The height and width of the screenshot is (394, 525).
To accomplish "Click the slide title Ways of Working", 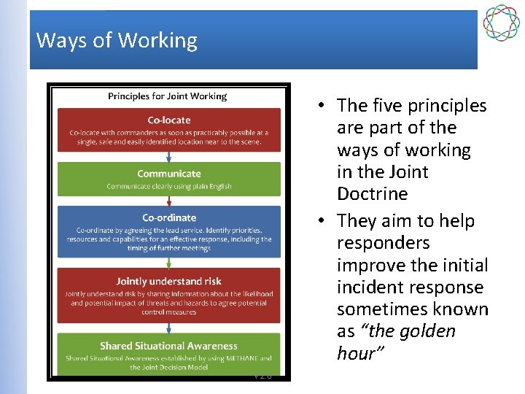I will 117,40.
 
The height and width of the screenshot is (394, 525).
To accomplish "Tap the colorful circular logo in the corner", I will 502,23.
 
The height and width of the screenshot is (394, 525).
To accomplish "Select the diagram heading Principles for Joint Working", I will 168,96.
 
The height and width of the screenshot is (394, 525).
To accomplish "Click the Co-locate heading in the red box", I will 168,120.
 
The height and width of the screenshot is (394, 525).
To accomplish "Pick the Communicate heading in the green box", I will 168,174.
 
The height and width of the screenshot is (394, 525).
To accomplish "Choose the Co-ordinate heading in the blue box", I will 168,217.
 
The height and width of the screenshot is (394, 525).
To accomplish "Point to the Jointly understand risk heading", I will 168,281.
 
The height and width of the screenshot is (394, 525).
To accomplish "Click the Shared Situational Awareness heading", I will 168,346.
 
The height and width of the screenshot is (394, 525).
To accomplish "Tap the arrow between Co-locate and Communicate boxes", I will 168,157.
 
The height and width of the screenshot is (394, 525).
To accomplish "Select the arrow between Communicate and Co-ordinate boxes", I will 168,201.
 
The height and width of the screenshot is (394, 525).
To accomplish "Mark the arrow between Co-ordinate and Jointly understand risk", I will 168,263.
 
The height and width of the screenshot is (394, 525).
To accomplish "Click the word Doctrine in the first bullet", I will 372,194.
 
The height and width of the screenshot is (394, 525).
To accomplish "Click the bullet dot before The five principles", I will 320,107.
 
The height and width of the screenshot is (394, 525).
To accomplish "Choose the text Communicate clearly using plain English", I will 168,187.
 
